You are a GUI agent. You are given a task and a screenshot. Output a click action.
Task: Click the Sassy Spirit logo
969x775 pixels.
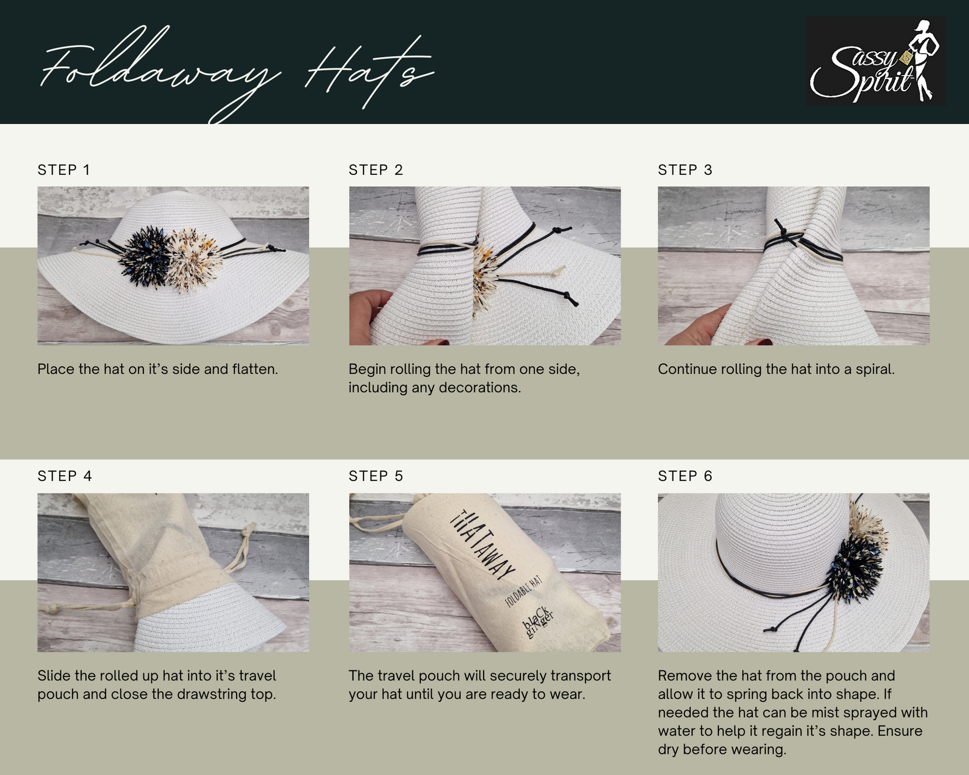tap(876, 61)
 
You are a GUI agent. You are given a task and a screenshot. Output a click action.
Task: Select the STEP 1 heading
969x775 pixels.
tap(64, 170)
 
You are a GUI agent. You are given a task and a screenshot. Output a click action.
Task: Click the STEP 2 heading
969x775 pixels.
tap(375, 170)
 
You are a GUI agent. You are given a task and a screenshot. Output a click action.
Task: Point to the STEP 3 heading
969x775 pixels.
tap(685, 170)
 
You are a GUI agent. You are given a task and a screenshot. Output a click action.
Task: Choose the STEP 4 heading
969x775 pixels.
tap(65, 476)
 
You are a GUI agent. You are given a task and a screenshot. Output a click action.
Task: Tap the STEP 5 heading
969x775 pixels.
tap(375, 476)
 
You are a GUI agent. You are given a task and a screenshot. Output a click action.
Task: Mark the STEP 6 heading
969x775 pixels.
tap(685, 476)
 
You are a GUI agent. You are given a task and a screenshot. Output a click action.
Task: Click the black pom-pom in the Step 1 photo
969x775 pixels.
tap(146, 256)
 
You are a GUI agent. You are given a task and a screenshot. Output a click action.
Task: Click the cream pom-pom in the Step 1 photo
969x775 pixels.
tap(195, 259)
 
